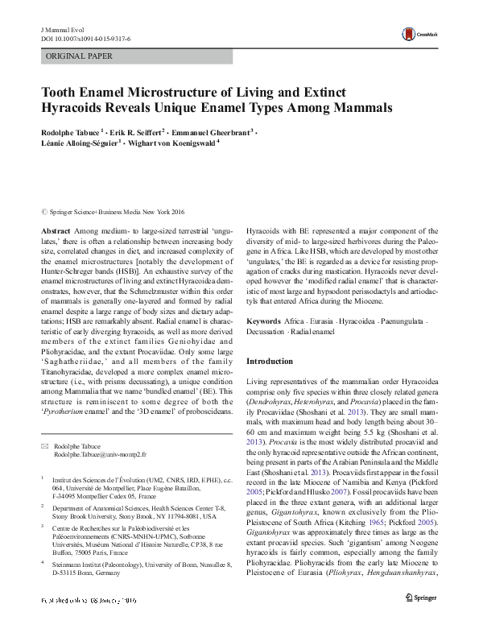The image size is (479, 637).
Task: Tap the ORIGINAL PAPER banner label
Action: point(79,56)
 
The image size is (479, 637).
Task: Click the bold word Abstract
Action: point(56,230)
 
